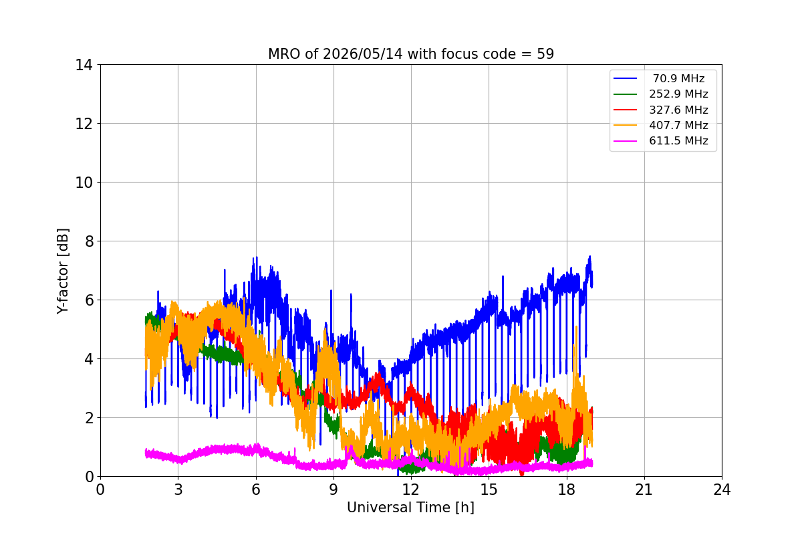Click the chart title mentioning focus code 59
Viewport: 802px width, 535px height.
[x=411, y=54]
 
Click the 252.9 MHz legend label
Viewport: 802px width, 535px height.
[x=678, y=94]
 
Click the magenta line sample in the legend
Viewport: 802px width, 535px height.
[x=625, y=141]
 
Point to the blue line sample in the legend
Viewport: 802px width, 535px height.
[x=625, y=78]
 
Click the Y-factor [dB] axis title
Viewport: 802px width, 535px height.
[x=63, y=272]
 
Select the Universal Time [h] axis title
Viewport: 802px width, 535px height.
[x=410, y=508]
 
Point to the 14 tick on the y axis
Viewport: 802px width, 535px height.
[x=84, y=66]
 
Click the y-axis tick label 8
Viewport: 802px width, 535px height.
[x=89, y=241]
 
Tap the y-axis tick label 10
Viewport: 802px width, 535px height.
[x=84, y=183]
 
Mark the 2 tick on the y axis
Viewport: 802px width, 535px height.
[x=89, y=418]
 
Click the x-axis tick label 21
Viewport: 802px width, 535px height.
[x=644, y=490]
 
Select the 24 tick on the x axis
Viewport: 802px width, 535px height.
[x=722, y=490]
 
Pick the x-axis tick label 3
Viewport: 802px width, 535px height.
[x=178, y=490]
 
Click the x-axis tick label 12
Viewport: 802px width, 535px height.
[x=411, y=490]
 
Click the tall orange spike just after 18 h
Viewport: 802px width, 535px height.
[x=576, y=327]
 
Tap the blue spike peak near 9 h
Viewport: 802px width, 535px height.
[x=331, y=291]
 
